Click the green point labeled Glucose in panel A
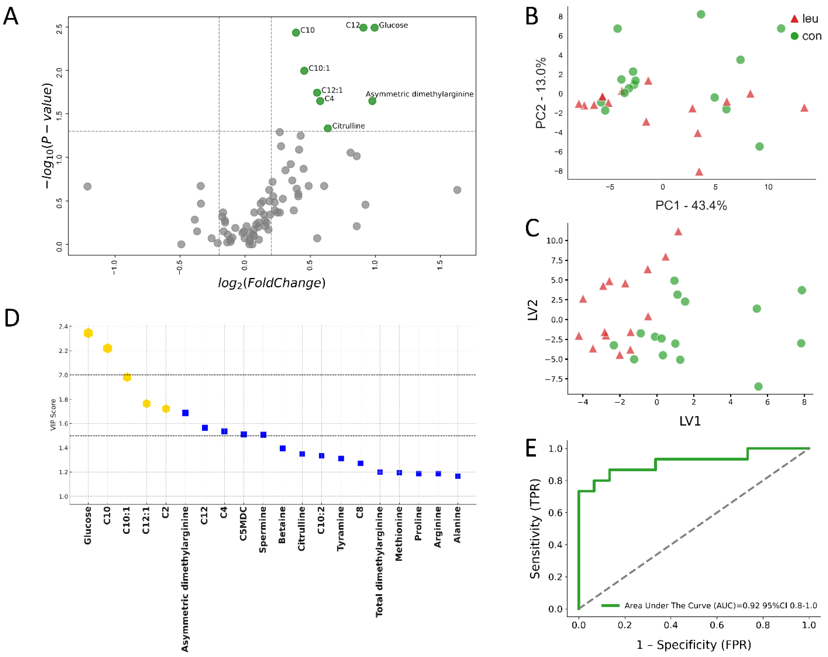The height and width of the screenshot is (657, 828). tap(374, 28)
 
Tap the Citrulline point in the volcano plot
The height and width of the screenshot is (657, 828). tap(328, 128)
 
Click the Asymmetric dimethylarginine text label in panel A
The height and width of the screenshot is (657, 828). tap(419, 94)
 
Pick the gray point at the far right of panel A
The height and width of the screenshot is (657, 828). tap(457, 190)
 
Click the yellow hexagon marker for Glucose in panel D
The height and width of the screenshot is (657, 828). tap(88, 333)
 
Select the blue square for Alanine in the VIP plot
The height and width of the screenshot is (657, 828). tap(457, 476)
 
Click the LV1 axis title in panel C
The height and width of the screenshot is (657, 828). tap(690, 421)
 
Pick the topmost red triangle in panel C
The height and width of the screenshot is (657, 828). tap(678, 231)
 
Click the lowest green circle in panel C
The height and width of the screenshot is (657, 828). tap(758, 386)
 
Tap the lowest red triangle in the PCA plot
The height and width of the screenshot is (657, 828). tap(699, 172)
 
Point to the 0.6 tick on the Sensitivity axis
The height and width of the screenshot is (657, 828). tap(555, 513)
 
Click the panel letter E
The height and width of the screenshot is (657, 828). tap(531, 448)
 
